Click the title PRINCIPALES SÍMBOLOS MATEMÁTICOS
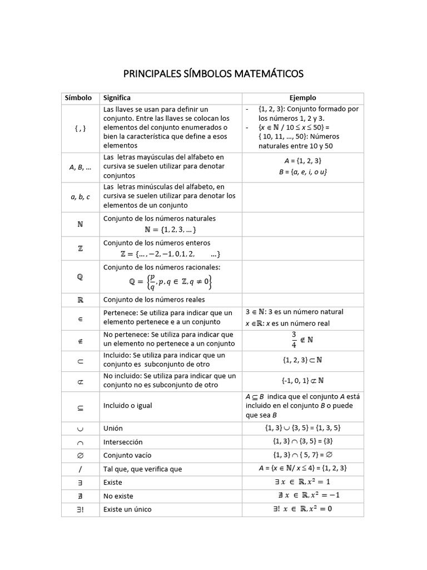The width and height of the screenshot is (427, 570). tap(213, 73)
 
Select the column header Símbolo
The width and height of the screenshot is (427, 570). tap(78, 98)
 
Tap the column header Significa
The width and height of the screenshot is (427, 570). tap(117, 98)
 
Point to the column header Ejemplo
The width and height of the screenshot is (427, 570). tap(302, 98)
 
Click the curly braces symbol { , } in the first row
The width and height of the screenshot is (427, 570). tap(78, 127)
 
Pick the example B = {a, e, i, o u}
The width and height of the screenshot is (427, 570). tap(302, 172)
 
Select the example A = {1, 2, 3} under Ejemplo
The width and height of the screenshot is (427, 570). tap(302, 161)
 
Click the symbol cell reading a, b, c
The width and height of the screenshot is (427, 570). tap(78, 196)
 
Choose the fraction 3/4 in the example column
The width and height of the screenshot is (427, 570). tap(295, 338)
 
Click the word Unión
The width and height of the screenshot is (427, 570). tap(113, 429)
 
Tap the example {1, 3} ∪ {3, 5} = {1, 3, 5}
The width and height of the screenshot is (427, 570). tap(302, 428)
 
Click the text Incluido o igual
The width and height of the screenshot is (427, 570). tap(127, 406)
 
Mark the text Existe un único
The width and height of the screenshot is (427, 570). tap(127, 509)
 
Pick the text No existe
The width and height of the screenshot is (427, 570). tap(118, 496)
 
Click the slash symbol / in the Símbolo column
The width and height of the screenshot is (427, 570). tap(78, 469)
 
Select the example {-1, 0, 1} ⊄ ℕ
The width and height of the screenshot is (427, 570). tap(302, 380)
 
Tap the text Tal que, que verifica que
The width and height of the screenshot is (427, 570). tap(142, 469)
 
